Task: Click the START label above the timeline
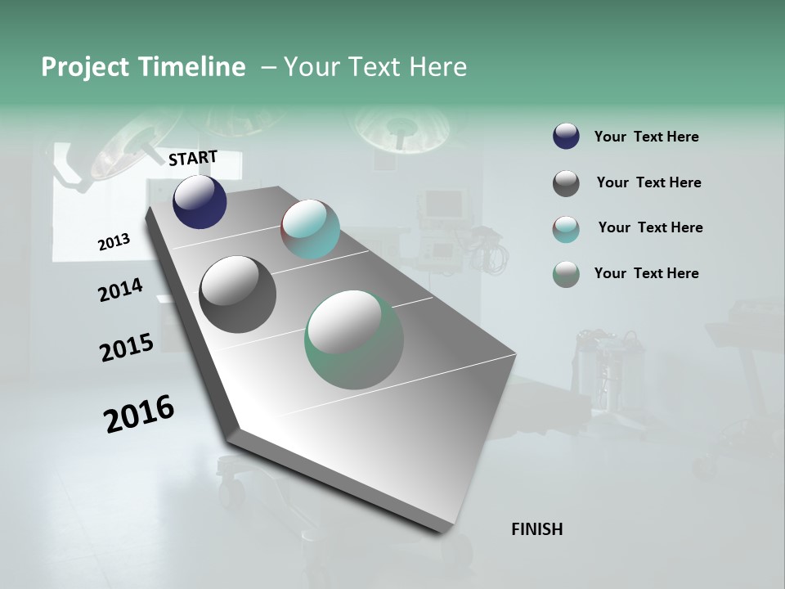[193, 157]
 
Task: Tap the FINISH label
[536, 529]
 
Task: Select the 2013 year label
[114, 242]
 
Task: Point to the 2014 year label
[120, 290]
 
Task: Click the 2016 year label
[139, 413]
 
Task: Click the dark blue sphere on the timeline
[200, 201]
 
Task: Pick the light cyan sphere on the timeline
[310, 229]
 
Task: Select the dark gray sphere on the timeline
[237, 294]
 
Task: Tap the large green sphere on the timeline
[353, 339]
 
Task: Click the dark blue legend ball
[566, 137]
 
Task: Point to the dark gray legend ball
[566, 183]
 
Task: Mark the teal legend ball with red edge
[566, 229]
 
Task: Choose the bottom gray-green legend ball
[566, 274]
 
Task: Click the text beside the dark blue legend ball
[646, 137]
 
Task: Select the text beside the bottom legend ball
[646, 273]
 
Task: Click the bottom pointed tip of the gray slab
[442, 532]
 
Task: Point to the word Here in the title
[437, 67]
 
